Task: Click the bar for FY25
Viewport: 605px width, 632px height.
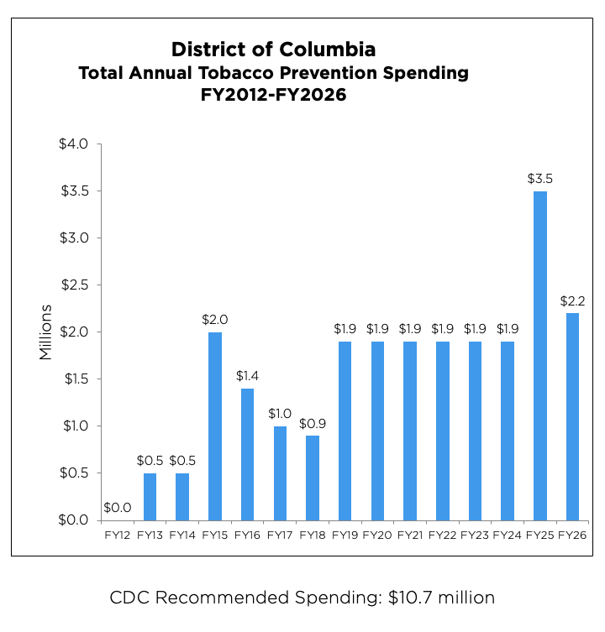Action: tap(540, 355)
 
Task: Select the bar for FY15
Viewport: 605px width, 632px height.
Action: tap(215, 426)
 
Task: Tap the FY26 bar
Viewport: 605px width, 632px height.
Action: tap(572, 416)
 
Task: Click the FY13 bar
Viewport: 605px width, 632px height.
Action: tap(150, 496)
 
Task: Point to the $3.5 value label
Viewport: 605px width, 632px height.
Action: tap(540, 179)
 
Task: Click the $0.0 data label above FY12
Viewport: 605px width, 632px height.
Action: tap(118, 507)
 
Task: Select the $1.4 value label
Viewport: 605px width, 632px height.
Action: tap(247, 375)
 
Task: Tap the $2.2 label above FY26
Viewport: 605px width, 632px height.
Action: tap(572, 300)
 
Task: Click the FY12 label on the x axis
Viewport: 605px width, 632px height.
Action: tap(118, 535)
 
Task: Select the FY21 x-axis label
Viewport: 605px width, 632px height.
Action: tap(410, 535)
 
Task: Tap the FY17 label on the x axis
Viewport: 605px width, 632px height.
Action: tap(280, 535)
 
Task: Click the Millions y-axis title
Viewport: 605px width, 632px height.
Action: tap(46, 332)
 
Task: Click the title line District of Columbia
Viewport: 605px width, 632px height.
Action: tap(273, 49)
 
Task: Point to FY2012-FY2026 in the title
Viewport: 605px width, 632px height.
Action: tap(273, 96)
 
